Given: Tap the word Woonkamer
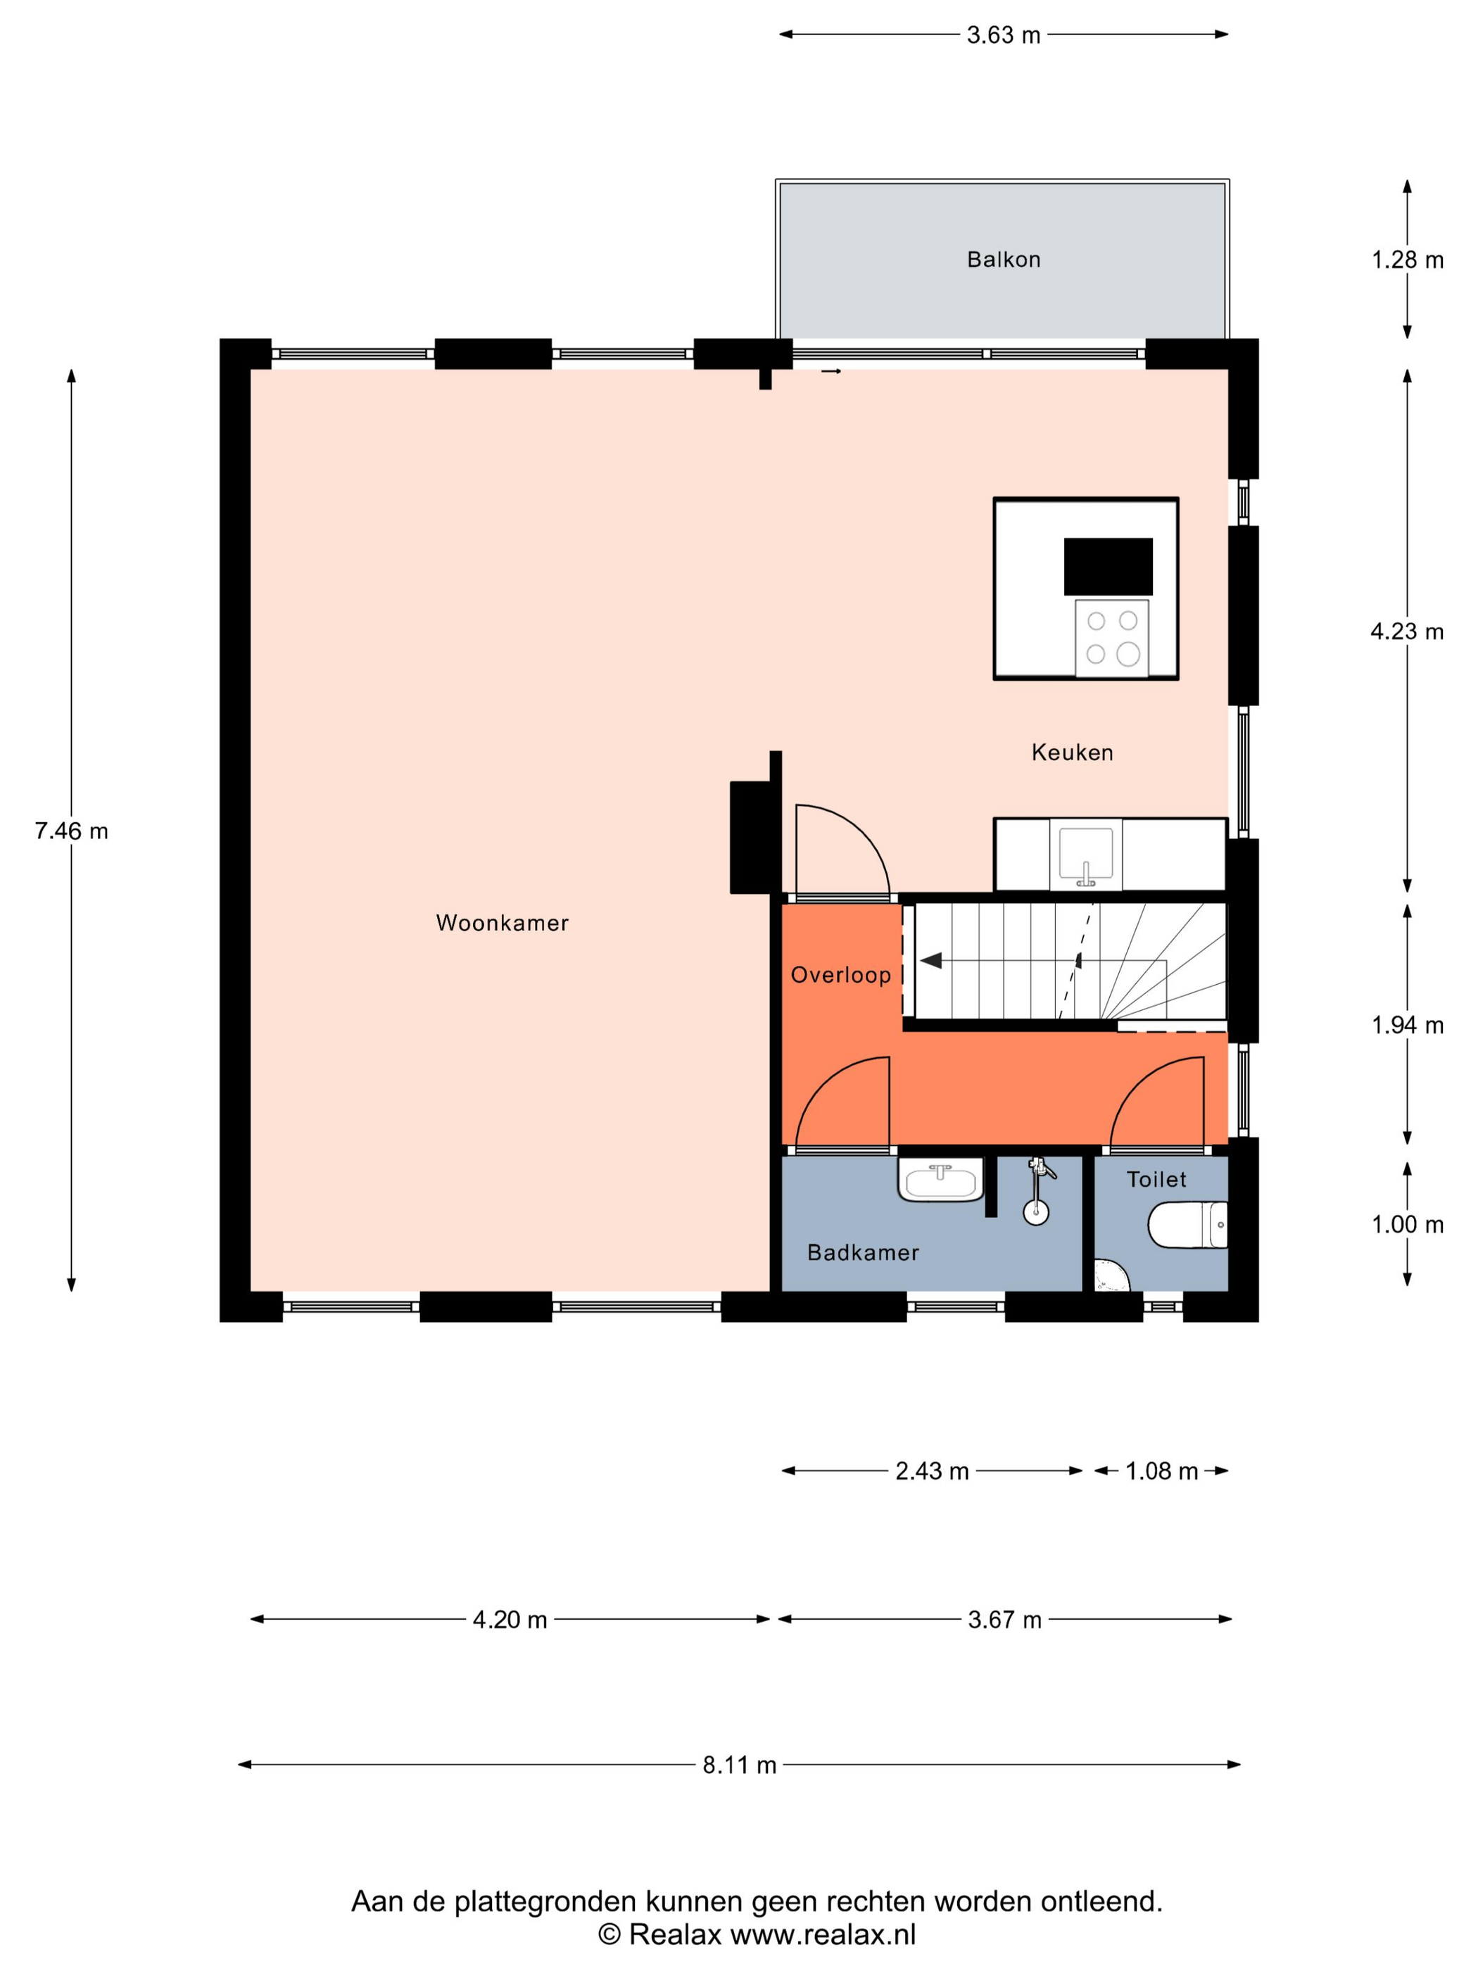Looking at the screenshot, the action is coord(502,922).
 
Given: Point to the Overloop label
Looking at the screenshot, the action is coord(840,975).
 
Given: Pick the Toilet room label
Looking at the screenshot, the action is coord(1156,1179).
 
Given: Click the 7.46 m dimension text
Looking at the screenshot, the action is coord(71,831).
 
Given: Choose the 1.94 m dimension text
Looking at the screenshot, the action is coord(1407,1025).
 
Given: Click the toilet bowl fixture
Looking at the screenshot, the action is coord(1187,1224).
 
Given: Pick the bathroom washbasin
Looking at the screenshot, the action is coord(940,1180).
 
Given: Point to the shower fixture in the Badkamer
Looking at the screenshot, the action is coord(1037,1190).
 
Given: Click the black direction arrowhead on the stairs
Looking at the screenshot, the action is coord(931,961).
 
